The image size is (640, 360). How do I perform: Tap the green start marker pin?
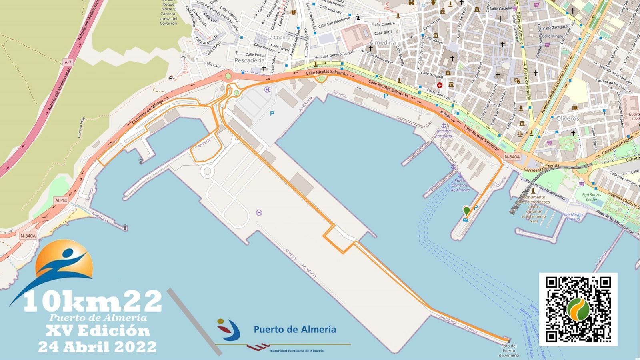coord(466,210)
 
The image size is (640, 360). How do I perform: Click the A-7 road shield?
coord(68,62)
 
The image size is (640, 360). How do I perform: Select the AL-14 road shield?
coord(61,200)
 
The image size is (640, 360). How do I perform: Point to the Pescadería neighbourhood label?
coord(249,60)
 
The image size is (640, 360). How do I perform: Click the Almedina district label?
coord(382,42)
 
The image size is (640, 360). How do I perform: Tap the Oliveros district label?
coord(567,118)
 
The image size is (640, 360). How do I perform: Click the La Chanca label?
coord(279,38)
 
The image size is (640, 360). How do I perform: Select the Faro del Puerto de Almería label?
coord(509,350)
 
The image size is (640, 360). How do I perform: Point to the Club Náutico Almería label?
coord(573,217)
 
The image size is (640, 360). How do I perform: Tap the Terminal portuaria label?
coord(443,133)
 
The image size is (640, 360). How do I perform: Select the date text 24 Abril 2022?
coord(97,347)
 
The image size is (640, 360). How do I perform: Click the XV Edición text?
coord(97,331)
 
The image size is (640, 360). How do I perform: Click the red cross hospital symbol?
coord(440,85)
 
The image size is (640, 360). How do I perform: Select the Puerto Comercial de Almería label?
coord(460,185)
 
